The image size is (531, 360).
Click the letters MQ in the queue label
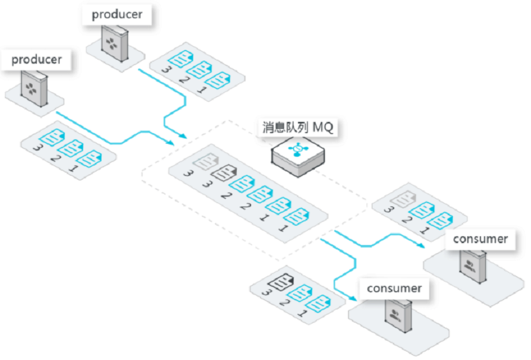(323, 127)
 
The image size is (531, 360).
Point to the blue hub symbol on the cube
(297, 149)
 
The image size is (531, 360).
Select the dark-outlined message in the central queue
(224, 172)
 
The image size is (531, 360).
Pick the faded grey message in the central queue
(206, 161)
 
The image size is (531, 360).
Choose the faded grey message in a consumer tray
(403, 199)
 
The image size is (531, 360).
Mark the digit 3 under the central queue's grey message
(188, 174)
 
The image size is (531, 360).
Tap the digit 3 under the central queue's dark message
(207, 184)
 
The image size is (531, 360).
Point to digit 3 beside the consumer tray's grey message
(388, 209)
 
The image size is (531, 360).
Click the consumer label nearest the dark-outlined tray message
(394, 289)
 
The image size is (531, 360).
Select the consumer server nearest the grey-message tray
(473, 266)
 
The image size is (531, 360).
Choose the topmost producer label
(117, 14)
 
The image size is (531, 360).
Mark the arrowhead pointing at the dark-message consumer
(352, 299)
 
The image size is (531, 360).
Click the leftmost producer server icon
(34, 89)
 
